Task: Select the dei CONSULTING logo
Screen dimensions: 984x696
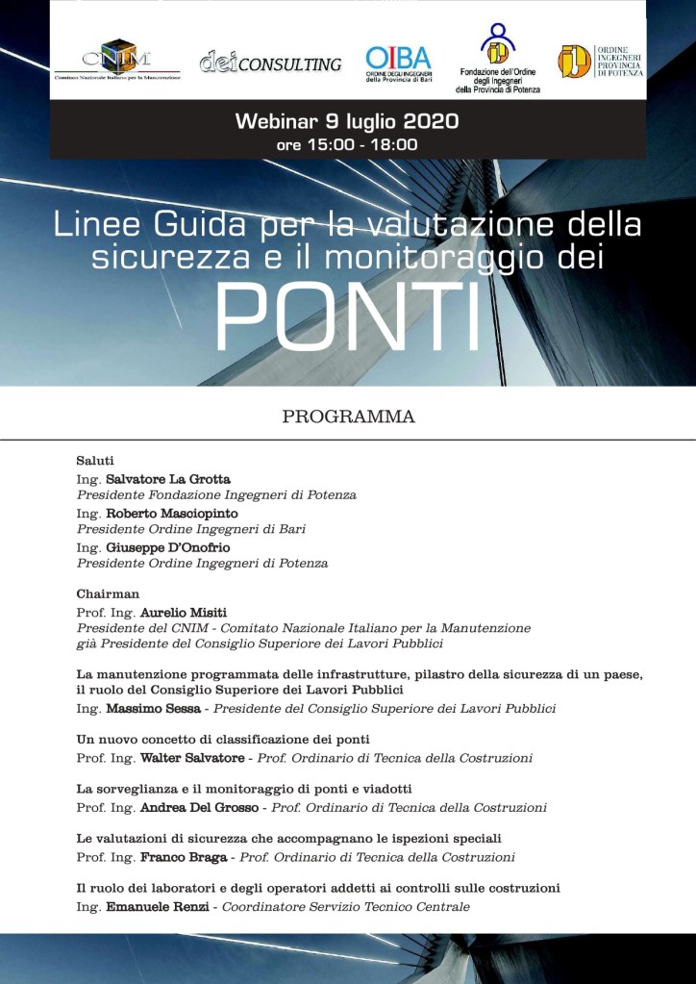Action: [270, 63]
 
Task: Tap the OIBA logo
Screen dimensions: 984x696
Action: [398, 64]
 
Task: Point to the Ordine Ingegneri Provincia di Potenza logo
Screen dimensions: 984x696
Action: [602, 62]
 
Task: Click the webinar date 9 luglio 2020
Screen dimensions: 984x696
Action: [379, 122]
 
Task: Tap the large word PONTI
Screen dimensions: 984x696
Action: [347, 318]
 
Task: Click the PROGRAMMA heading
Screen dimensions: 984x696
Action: [348, 416]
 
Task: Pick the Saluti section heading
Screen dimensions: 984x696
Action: [95, 461]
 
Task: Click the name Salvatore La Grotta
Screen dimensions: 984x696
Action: [168, 478]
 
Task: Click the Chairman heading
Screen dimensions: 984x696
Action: [108, 593]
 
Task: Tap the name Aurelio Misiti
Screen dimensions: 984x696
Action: [184, 612]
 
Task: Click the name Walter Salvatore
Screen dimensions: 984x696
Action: [192, 758]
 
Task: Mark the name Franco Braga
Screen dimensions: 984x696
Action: [183, 856]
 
